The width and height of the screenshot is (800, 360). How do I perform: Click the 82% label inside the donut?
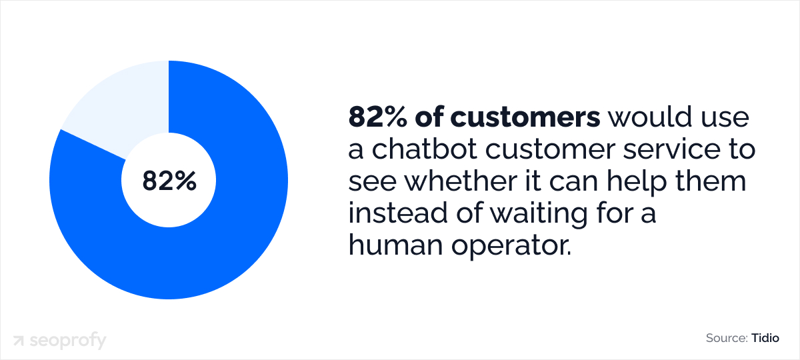tap(169, 181)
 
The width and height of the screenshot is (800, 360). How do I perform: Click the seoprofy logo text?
tap(67, 341)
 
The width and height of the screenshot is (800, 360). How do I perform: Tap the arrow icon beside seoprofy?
tap(19, 341)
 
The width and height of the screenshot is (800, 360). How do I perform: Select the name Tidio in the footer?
tap(765, 339)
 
